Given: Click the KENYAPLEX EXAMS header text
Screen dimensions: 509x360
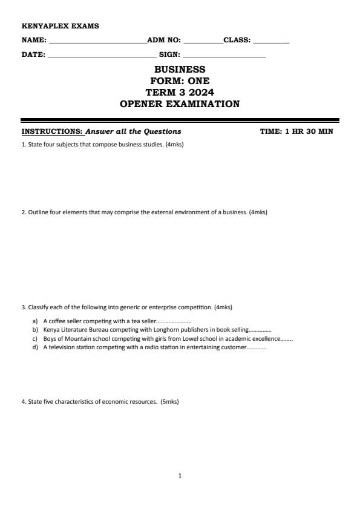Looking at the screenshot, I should [60, 26].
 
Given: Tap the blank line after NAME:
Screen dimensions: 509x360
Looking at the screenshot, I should [97, 41].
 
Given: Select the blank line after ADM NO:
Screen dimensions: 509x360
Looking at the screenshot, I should [203, 41].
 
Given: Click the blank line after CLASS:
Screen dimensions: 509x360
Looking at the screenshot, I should [271, 41].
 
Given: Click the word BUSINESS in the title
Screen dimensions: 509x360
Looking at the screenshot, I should [180, 70].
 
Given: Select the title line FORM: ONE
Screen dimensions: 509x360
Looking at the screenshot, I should [180, 81].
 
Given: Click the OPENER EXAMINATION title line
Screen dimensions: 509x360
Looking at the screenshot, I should [180, 104].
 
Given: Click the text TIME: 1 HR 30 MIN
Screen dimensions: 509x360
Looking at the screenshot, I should [296, 131].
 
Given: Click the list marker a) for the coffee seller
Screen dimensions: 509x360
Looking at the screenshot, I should [35, 321].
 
